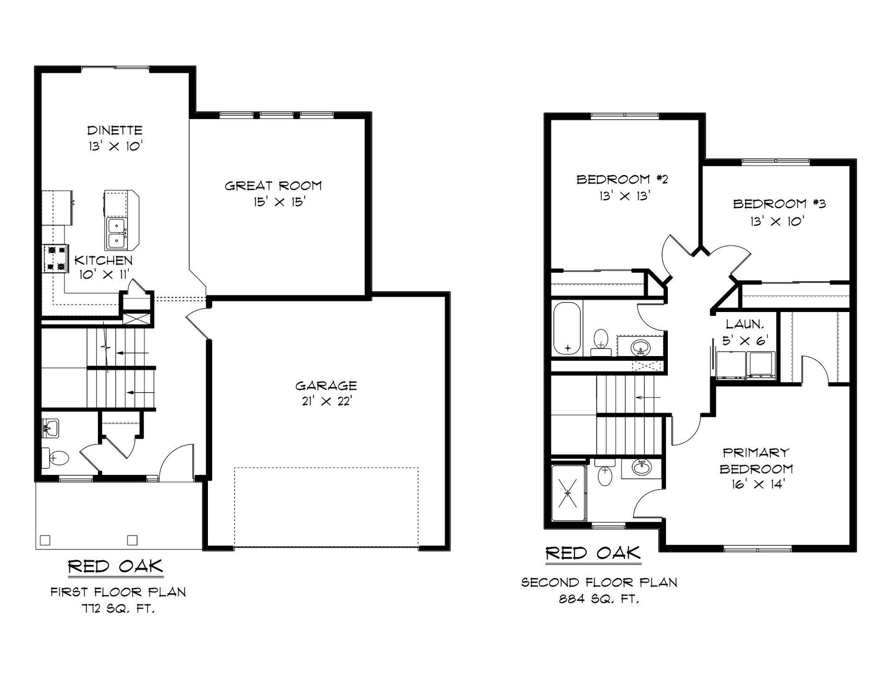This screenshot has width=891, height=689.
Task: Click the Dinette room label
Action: [x=115, y=130]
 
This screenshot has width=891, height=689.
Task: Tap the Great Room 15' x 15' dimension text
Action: [x=279, y=202]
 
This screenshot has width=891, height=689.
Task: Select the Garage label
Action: [x=326, y=386]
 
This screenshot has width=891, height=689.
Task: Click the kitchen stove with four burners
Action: [x=56, y=259]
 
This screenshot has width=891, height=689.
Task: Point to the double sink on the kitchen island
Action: [x=116, y=233]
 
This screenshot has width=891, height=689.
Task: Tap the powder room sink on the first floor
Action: [x=50, y=427]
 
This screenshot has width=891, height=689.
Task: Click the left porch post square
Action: [x=45, y=540]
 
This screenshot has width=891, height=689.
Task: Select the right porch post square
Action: [x=132, y=540]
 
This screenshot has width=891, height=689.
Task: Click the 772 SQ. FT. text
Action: [x=118, y=609]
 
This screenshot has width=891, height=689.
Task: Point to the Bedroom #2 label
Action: [x=622, y=179]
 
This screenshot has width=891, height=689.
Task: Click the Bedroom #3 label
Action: [x=779, y=204]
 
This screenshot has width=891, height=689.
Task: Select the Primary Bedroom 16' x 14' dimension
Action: [x=755, y=484]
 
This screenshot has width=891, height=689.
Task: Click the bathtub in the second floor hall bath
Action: [x=567, y=328]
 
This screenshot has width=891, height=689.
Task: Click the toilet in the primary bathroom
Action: [x=605, y=473]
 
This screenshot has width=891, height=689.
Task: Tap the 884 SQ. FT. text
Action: [x=599, y=599]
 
